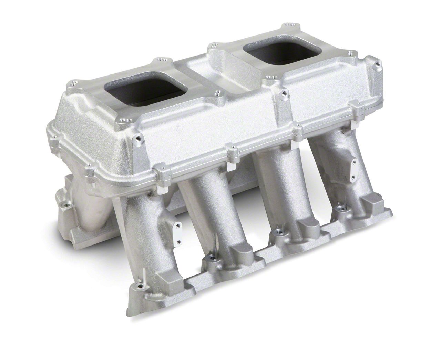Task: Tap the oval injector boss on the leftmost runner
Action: point(177,226)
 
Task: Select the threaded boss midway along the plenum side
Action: point(283,93)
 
